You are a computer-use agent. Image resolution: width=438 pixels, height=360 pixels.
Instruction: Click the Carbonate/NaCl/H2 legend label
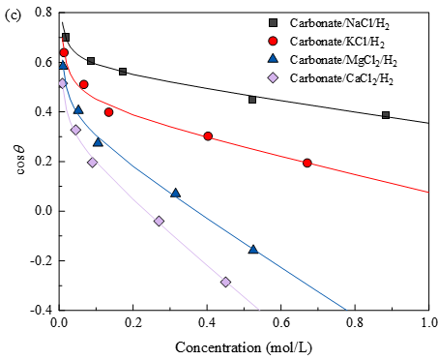pos(339,23)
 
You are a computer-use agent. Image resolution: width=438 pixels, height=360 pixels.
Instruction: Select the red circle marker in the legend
pos(274,42)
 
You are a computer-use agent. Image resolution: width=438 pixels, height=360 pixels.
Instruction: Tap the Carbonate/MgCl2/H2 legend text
pos(343,60)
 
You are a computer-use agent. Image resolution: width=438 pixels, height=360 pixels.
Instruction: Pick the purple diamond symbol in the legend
pos(274,77)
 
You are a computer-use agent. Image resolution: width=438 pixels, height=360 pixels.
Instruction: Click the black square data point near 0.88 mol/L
pos(386,115)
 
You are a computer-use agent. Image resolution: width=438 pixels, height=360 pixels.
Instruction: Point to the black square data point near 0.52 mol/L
pos(252,100)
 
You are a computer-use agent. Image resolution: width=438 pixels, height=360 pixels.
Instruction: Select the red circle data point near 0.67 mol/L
pos(307,163)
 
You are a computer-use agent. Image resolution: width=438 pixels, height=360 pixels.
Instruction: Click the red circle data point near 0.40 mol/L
pos(208,136)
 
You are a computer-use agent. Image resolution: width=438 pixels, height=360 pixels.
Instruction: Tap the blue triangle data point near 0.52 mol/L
pos(253,249)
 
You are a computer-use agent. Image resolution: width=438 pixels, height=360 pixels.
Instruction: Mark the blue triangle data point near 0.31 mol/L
pos(175,193)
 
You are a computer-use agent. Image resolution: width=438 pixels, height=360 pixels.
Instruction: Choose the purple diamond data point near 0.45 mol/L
pos(225,283)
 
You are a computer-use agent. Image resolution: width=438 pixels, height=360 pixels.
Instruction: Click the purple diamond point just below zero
pos(159,222)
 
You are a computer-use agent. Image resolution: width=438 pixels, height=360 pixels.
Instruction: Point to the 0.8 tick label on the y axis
pos(44,13)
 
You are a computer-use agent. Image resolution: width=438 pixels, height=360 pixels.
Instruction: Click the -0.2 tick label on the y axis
pos(41,260)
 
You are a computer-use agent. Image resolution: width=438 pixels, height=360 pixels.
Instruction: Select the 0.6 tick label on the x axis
pos(281,323)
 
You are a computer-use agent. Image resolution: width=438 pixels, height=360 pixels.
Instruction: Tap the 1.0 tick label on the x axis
pos(429,323)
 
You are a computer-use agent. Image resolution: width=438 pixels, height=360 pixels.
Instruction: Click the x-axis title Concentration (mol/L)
pos(244,348)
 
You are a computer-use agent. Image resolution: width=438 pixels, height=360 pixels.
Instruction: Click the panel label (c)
pos(13,15)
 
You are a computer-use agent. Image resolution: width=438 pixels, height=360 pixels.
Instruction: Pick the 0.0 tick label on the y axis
pos(44,211)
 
